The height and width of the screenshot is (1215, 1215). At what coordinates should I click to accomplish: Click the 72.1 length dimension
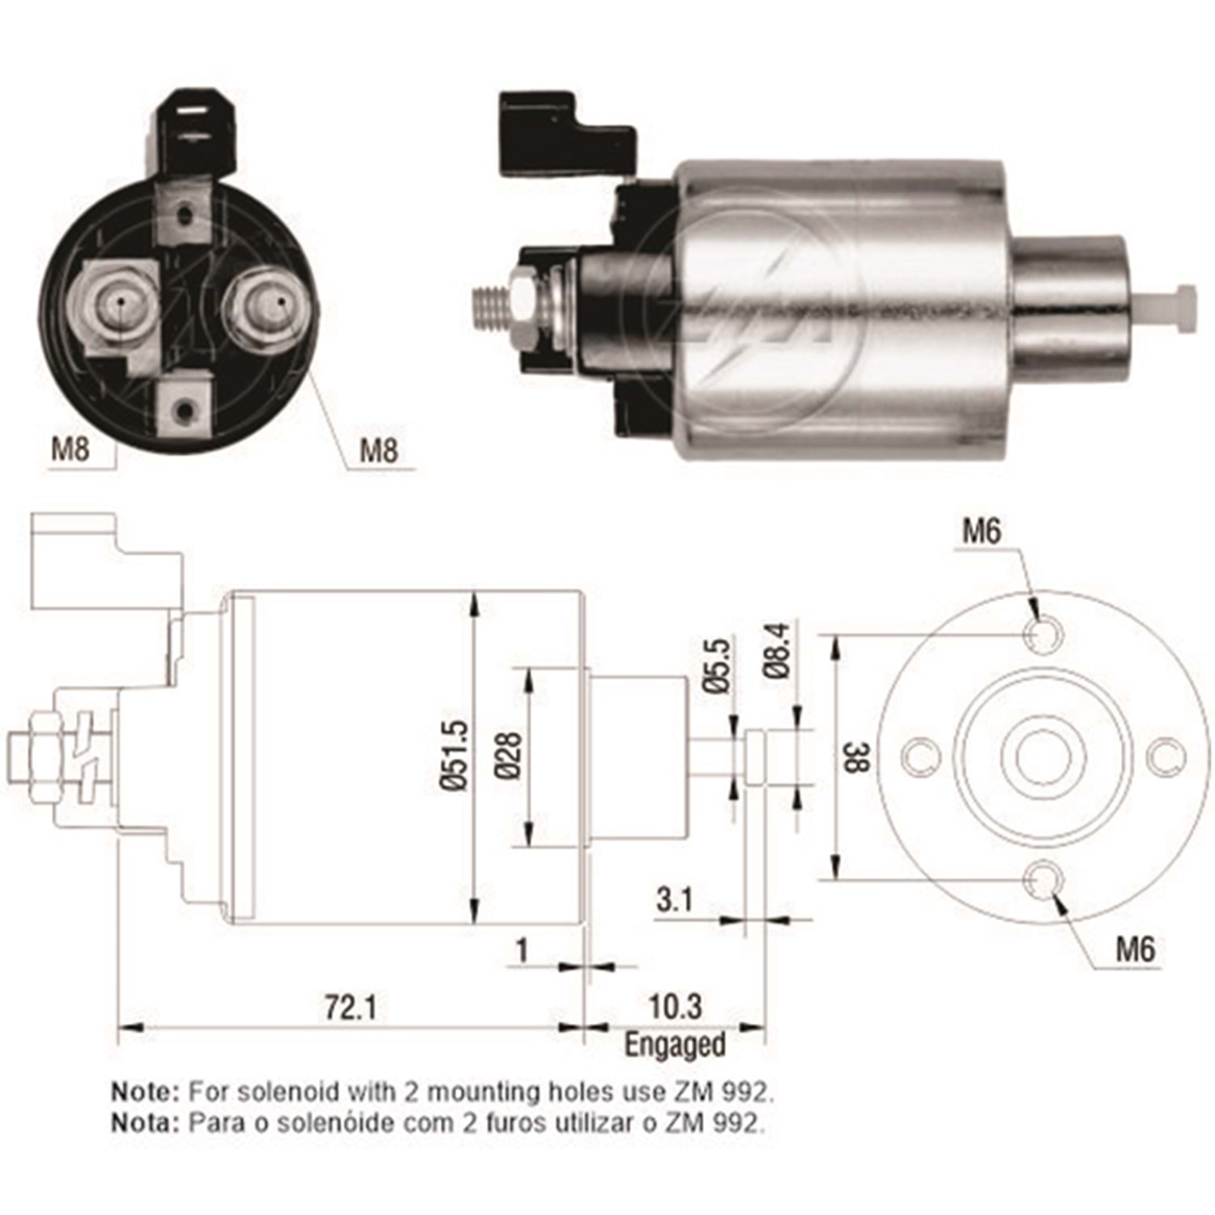click(351, 1008)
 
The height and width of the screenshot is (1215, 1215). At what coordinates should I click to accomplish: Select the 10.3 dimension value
click(676, 1007)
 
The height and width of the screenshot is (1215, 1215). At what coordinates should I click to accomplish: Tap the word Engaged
click(675, 1044)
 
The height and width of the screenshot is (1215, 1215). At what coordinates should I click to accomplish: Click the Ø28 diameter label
click(510, 756)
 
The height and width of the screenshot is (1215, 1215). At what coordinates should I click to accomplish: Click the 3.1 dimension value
click(675, 899)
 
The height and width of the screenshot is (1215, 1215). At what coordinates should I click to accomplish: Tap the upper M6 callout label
click(981, 531)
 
